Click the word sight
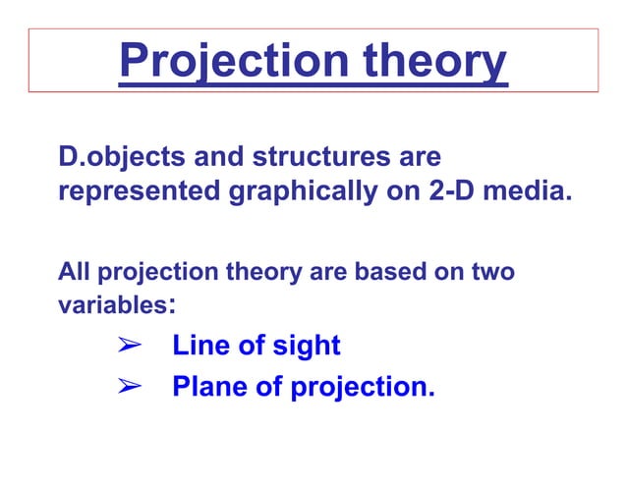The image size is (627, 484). (x=306, y=347)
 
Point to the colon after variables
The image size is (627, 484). (x=173, y=306)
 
